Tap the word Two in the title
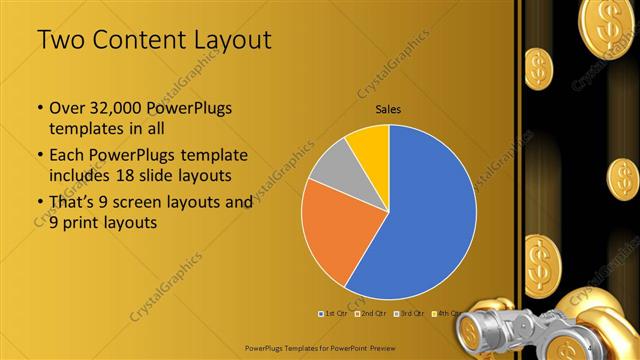[62, 41]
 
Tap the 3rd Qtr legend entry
[413, 314]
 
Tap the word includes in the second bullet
[81, 176]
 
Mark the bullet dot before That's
[39, 202]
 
